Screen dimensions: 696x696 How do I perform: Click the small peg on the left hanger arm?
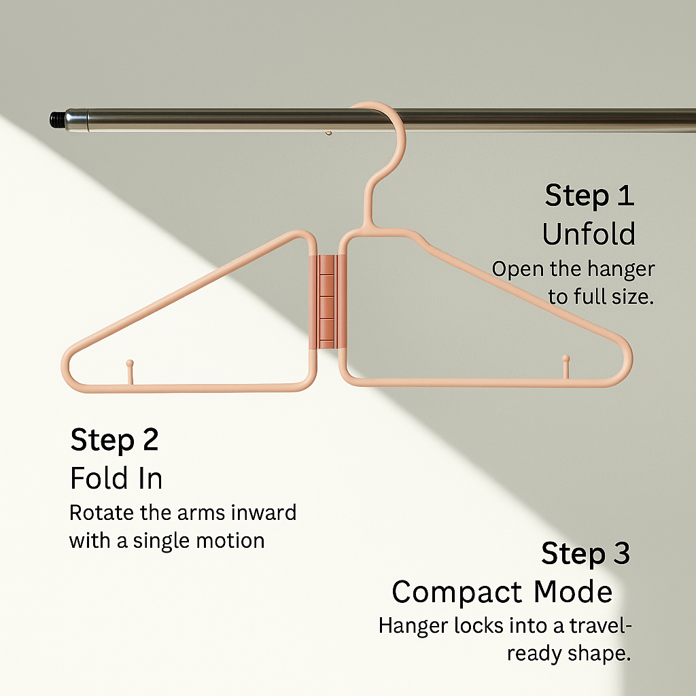(x=129, y=371)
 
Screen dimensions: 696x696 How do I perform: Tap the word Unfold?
(x=589, y=234)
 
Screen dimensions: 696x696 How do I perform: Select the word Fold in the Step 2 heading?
(x=99, y=479)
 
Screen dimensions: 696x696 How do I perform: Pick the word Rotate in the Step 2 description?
(x=99, y=512)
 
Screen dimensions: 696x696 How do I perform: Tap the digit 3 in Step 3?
(x=619, y=554)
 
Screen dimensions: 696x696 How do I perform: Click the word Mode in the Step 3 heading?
(x=572, y=592)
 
